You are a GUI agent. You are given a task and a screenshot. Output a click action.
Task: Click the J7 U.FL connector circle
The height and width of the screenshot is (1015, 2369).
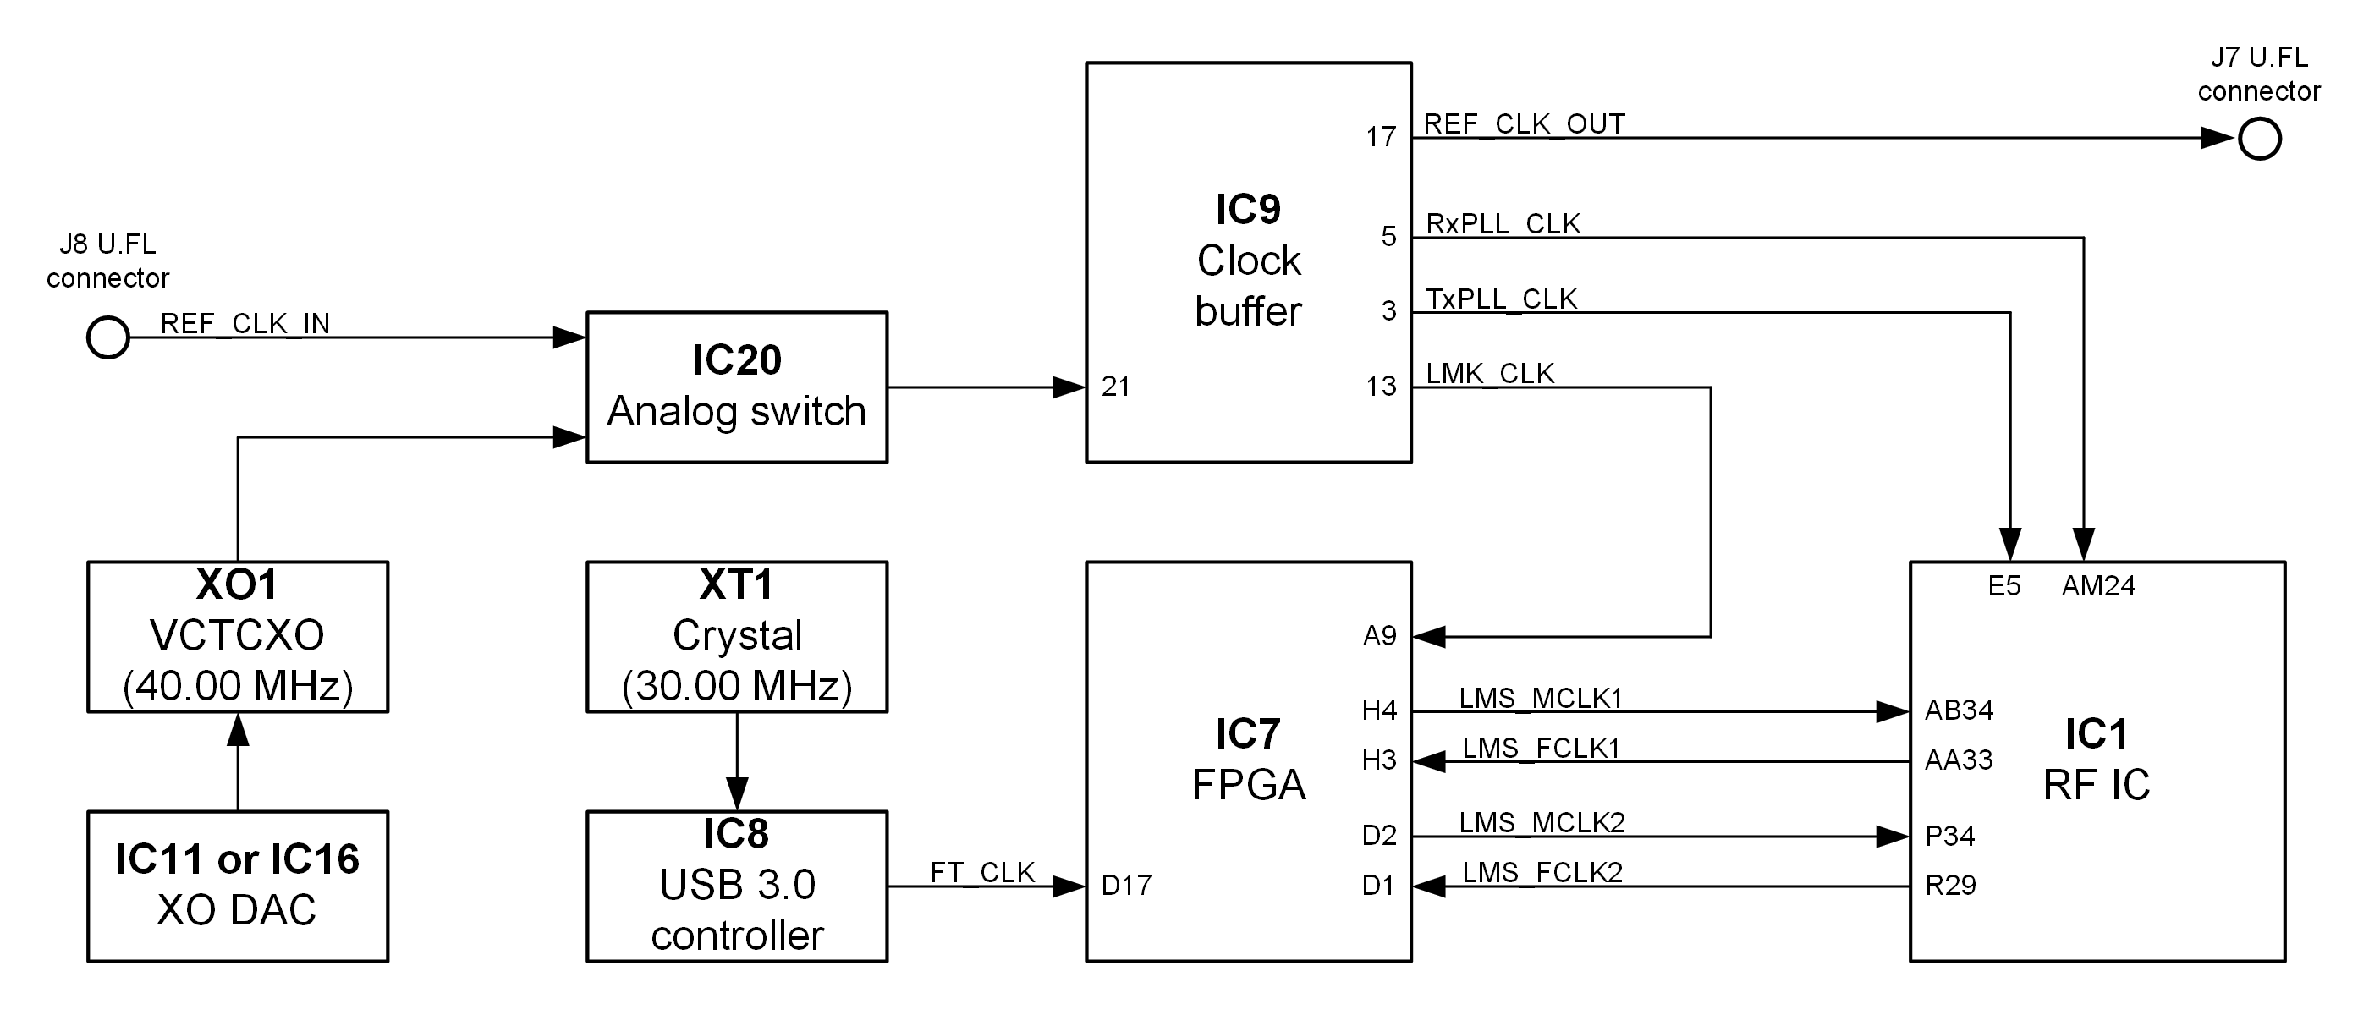2260,140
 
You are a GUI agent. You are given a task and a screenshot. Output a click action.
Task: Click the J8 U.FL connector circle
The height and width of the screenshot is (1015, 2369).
107,337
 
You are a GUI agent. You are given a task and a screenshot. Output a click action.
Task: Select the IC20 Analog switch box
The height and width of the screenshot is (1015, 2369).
737,387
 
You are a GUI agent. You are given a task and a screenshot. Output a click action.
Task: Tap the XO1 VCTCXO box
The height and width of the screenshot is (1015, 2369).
237,636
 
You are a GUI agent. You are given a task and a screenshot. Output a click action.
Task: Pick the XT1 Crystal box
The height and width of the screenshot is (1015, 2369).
737,636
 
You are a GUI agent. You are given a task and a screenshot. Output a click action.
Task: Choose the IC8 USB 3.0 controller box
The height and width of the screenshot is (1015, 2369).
737,886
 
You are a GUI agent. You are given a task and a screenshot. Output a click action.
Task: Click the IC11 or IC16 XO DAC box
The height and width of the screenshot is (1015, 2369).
237,886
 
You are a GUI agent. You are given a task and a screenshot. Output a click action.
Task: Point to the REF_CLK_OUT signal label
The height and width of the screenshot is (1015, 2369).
1524,124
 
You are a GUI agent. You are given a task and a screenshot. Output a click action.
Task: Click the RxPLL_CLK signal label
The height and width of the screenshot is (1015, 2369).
1503,224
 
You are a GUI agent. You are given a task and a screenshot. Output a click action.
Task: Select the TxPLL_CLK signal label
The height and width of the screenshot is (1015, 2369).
1501,299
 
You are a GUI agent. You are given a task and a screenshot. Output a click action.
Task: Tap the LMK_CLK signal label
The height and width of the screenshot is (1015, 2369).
1490,374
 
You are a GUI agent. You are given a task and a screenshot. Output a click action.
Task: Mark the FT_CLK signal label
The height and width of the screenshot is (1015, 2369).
982,873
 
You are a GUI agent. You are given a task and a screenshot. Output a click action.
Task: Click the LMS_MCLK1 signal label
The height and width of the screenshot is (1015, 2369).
1541,699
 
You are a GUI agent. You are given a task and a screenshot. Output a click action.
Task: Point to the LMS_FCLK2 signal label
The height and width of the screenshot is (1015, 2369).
1542,873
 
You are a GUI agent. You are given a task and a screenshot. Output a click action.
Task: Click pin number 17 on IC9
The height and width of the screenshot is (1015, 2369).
1381,138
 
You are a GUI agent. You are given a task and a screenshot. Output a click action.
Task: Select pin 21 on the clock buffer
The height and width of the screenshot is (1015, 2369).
1115,387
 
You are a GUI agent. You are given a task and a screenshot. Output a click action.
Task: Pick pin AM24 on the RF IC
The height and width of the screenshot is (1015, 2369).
2098,586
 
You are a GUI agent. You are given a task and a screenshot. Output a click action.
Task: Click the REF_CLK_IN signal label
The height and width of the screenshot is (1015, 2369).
245,324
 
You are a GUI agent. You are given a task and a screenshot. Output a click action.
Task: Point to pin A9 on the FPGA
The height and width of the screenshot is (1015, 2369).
1379,636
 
